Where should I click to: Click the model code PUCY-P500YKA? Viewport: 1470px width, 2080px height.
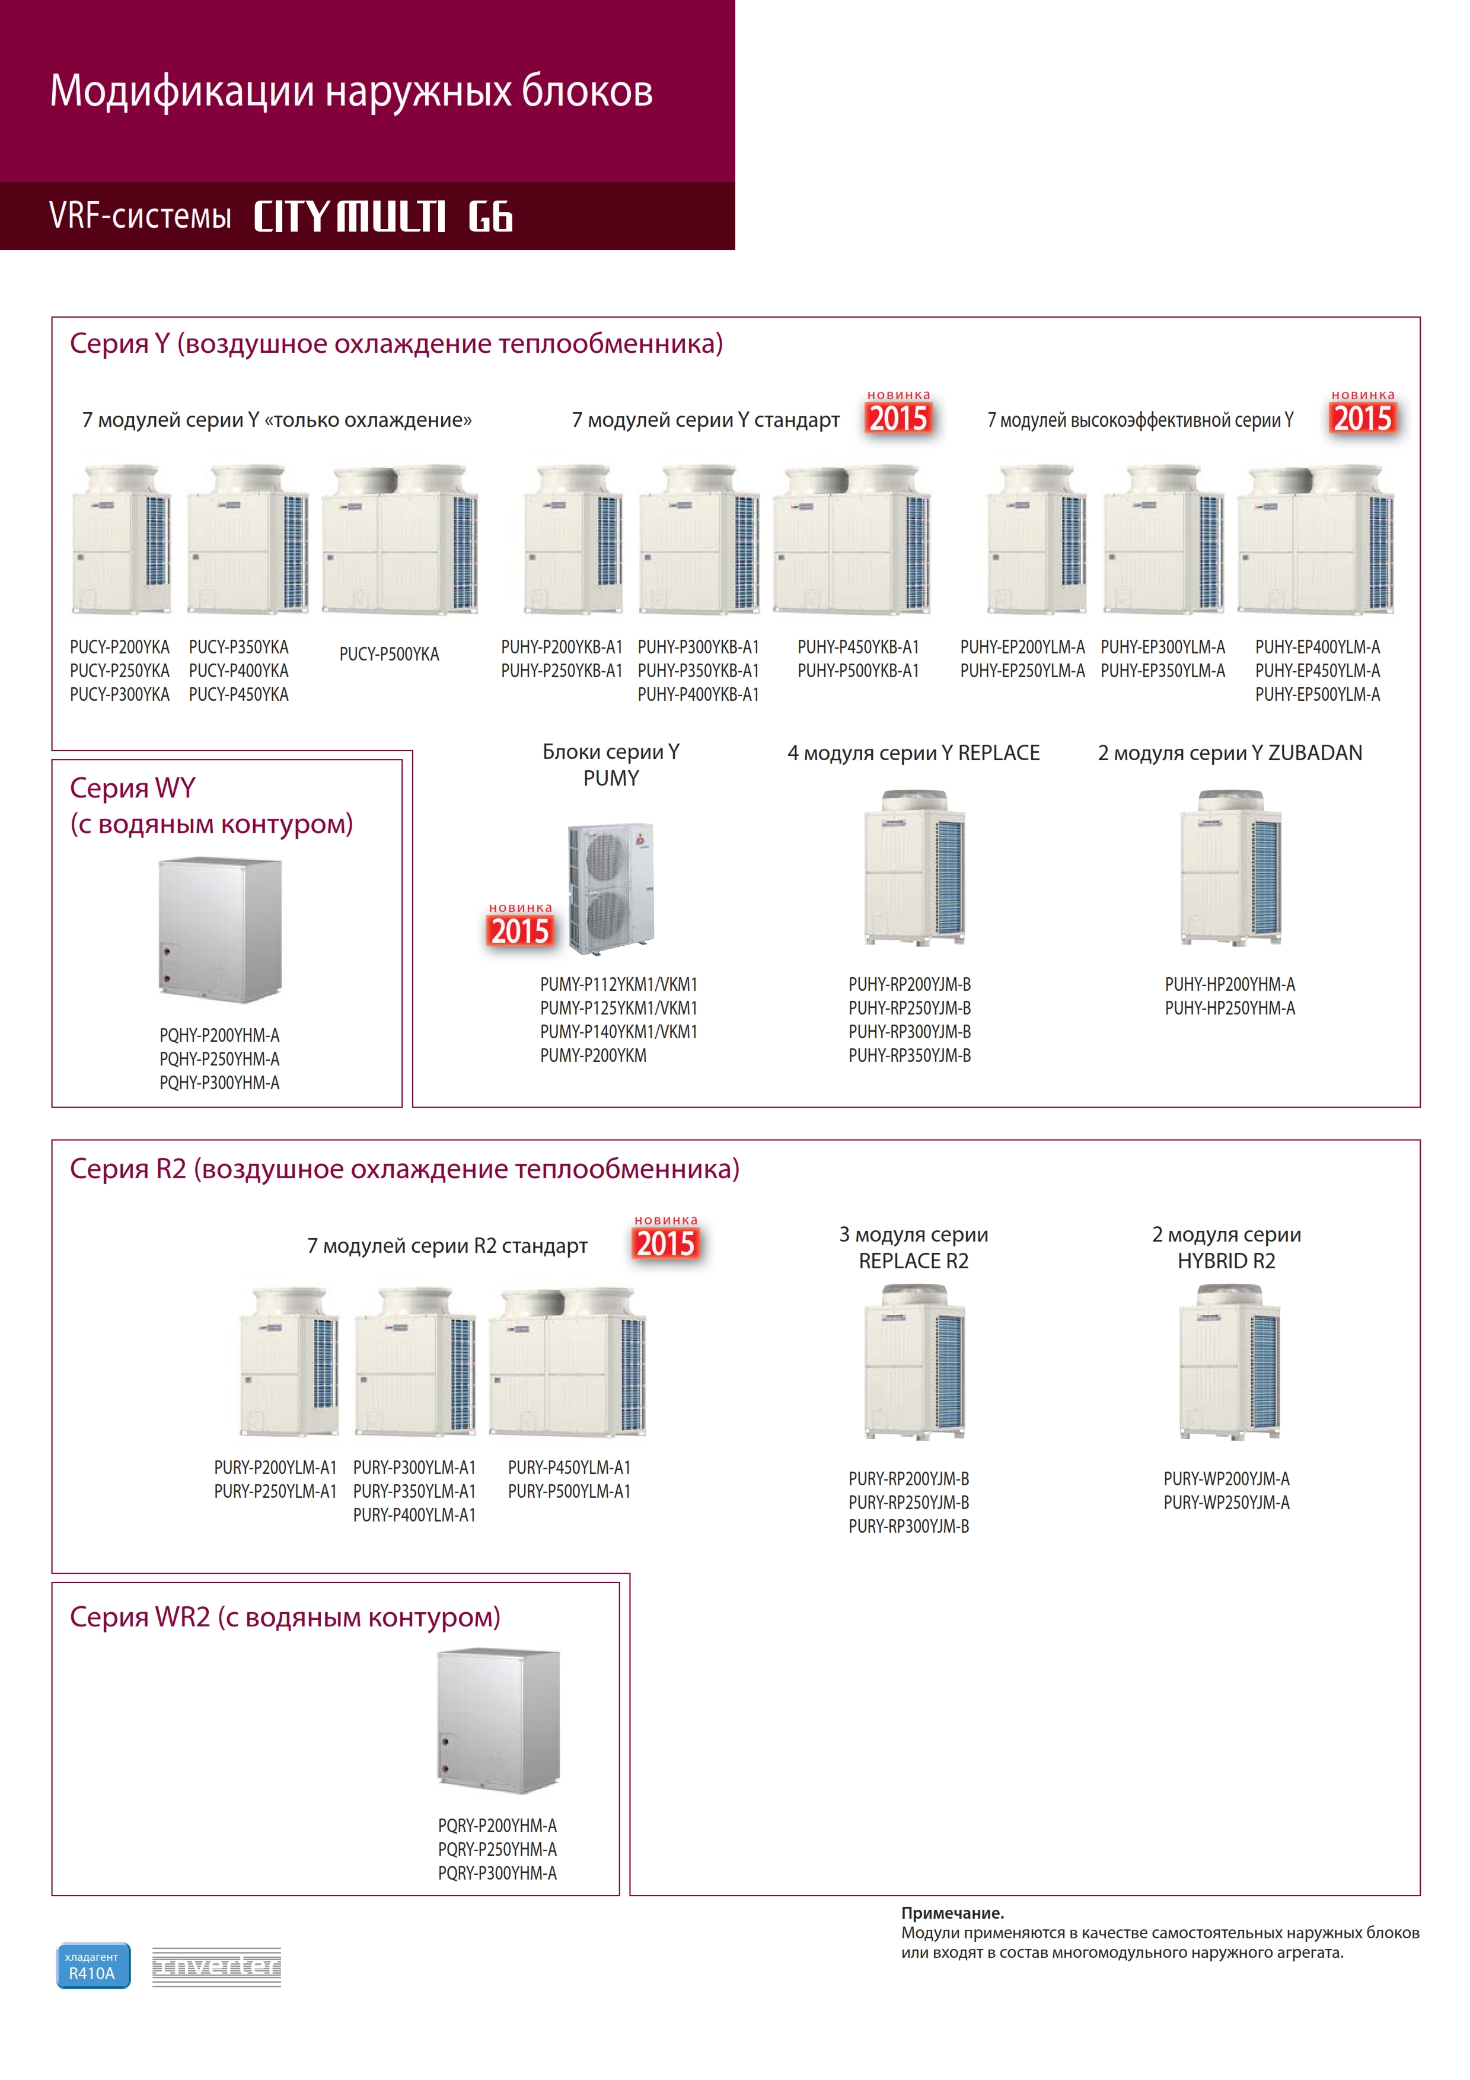[390, 654]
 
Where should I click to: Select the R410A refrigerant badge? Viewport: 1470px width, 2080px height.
[93, 1965]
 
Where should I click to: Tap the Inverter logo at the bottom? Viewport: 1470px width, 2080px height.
[216, 1967]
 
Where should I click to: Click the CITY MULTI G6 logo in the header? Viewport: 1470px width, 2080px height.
[383, 216]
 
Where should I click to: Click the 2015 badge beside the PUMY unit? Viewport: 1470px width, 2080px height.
[520, 925]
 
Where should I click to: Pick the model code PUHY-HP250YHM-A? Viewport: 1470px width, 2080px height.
[1230, 1009]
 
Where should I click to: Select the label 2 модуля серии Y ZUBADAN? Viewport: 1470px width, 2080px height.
[1230, 753]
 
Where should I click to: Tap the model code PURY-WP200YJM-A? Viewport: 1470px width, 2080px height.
[1226, 1478]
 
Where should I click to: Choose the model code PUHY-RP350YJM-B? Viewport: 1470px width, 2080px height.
[910, 1055]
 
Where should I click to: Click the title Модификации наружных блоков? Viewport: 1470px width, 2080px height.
[352, 91]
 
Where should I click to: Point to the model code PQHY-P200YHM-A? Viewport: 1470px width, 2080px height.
[219, 1035]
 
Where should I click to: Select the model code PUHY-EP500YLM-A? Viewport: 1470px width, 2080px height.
[1318, 695]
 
